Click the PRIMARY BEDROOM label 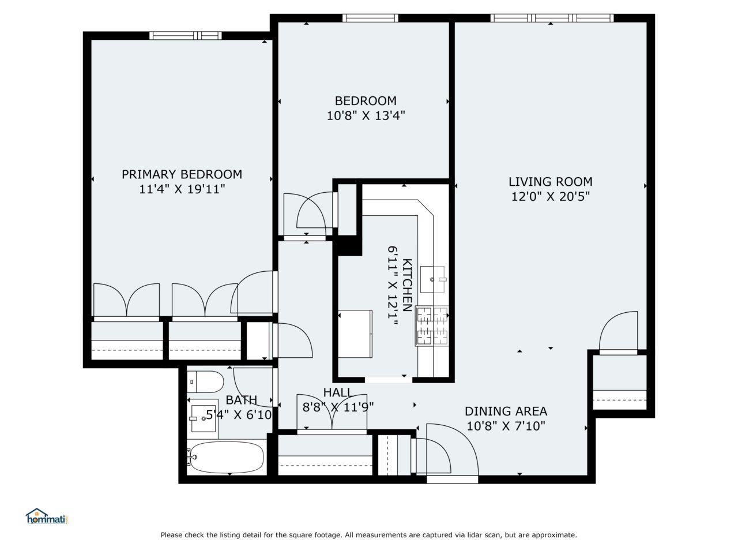(x=182, y=174)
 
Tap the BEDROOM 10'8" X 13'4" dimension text (x=366, y=115)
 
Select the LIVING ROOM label (x=550, y=182)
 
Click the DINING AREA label (x=506, y=411)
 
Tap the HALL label (x=338, y=393)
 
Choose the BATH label (x=241, y=400)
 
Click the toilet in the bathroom (x=206, y=381)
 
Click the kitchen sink (x=434, y=279)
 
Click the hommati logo (x=47, y=516)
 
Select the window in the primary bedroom (x=185, y=36)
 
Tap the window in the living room (x=551, y=18)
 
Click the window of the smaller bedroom (x=370, y=18)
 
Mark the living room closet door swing (x=618, y=332)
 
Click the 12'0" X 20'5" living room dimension (x=550, y=197)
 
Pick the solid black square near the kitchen (x=349, y=246)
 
